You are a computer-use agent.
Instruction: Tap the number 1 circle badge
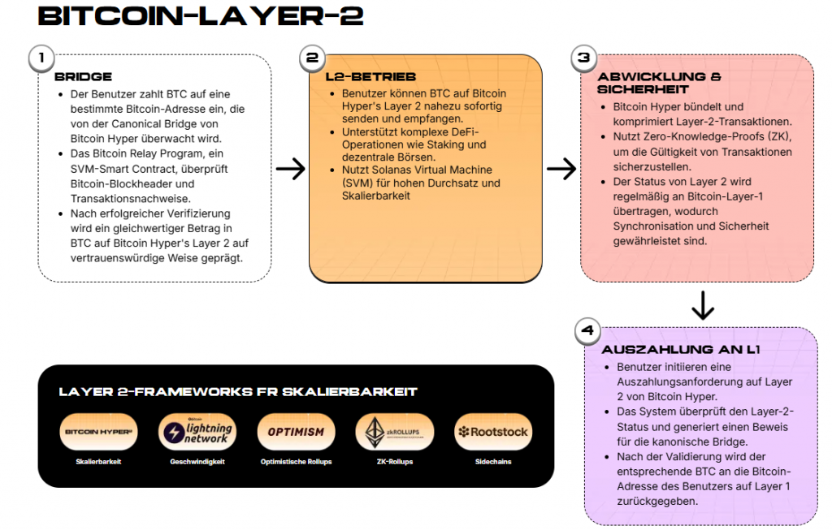point(41,58)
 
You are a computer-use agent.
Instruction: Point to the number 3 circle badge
point(583,58)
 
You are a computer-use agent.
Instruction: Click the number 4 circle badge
point(587,330)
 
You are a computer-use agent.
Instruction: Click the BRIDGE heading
point(83,77)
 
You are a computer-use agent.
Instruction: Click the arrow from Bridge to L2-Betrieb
point(290,169)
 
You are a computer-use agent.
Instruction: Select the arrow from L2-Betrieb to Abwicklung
point(561,169)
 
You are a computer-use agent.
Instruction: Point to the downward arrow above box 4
point(702,304)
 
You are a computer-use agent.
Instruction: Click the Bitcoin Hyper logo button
point(99,432)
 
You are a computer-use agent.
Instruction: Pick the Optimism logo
point(296,432)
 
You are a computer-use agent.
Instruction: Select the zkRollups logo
point(395,432)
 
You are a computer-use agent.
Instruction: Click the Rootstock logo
point(492,432)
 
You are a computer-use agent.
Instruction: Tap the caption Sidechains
point(492,461)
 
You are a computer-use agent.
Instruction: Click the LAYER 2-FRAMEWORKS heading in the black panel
point(238,392)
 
